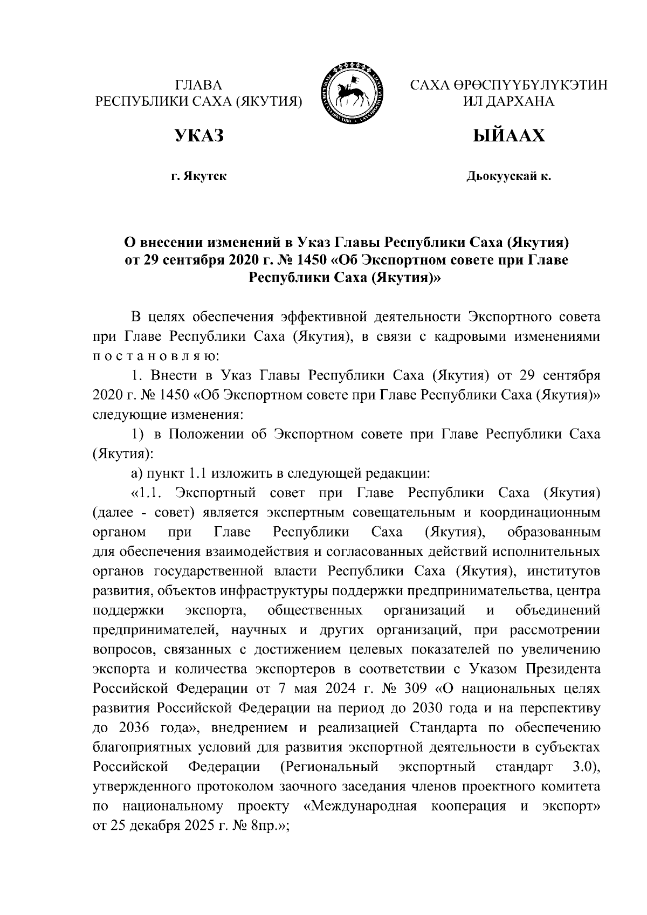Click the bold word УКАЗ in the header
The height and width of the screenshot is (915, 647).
tap(198, 136)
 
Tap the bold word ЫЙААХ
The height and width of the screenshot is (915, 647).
tap(508, 136)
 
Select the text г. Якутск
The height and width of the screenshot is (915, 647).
tap(198, 176)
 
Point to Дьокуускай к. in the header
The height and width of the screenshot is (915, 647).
tap(508, 176)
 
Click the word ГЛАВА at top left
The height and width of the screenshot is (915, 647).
tap(198, 85)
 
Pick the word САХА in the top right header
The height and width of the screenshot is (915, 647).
tap(429, 85)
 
